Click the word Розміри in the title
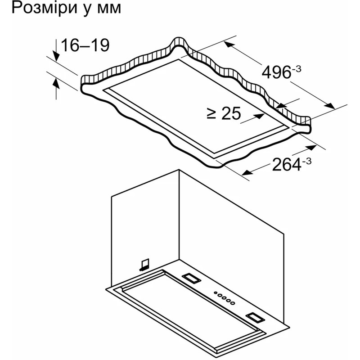[x=44, y=9]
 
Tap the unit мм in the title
[x=109, y=9]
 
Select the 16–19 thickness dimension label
[x=85, y=45]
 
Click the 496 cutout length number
[x=276, y=72]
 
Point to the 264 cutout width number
[x=287, y=164]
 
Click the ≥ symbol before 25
[x=211, y=114]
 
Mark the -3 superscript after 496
[x=297, y=69]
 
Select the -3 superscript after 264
[x=307, y=161]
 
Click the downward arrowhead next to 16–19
[x=56, y=56]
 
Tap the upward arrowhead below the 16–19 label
[x=56, y=83]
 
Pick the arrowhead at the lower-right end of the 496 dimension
[x=329, y=106]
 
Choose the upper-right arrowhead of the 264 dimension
[x=311, y=148]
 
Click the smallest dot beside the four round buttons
[x=216, y=293]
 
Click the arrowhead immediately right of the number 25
[x=260, y=116]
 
